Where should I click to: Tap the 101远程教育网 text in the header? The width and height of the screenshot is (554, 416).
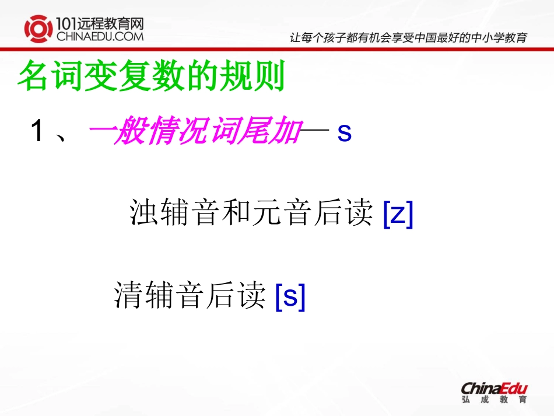pos(100,23)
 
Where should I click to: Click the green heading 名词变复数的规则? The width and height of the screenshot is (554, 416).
pos(151,76)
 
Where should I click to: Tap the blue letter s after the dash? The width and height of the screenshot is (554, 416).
pos(345,134)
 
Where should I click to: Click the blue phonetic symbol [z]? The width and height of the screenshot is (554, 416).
pos(398,214)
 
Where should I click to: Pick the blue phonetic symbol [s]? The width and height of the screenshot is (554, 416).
pos(290,296)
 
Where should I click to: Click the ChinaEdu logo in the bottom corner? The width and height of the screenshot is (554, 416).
pos(494,388)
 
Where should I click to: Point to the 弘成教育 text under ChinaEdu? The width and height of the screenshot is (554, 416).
pos(494,400)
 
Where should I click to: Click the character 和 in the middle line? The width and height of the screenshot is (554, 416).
pos(239,214)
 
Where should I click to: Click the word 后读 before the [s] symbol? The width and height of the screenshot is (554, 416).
pos(240,295)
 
